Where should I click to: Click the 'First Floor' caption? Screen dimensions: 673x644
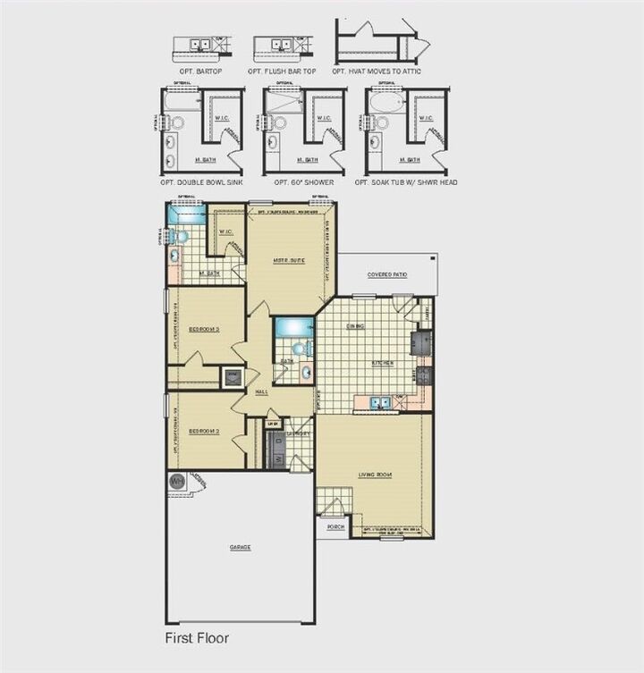click(x=196, y=638)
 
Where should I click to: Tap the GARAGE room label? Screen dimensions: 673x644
click(x=239, y=547)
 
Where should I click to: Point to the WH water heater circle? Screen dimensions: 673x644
click(x=176, y=480)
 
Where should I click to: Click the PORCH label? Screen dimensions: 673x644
click(x=335, y=527)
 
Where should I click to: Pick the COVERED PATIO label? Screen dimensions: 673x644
click(x=386, y=274)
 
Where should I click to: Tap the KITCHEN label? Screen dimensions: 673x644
click(x=383, y=362)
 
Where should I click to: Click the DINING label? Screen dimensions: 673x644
click(x=355, y=326)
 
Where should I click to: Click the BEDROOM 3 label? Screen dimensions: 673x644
click(x=205, y=329)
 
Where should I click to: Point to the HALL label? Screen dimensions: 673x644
click(x=262, y=391)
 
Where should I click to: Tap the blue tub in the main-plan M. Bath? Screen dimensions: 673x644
click(x=186, y=216)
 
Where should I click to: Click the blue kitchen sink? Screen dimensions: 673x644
click(x=380, y=402)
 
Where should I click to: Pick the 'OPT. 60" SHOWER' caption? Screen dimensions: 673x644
click(x=299, y=181)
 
